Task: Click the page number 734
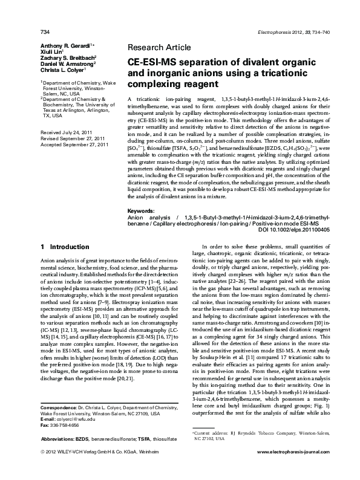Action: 44,15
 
